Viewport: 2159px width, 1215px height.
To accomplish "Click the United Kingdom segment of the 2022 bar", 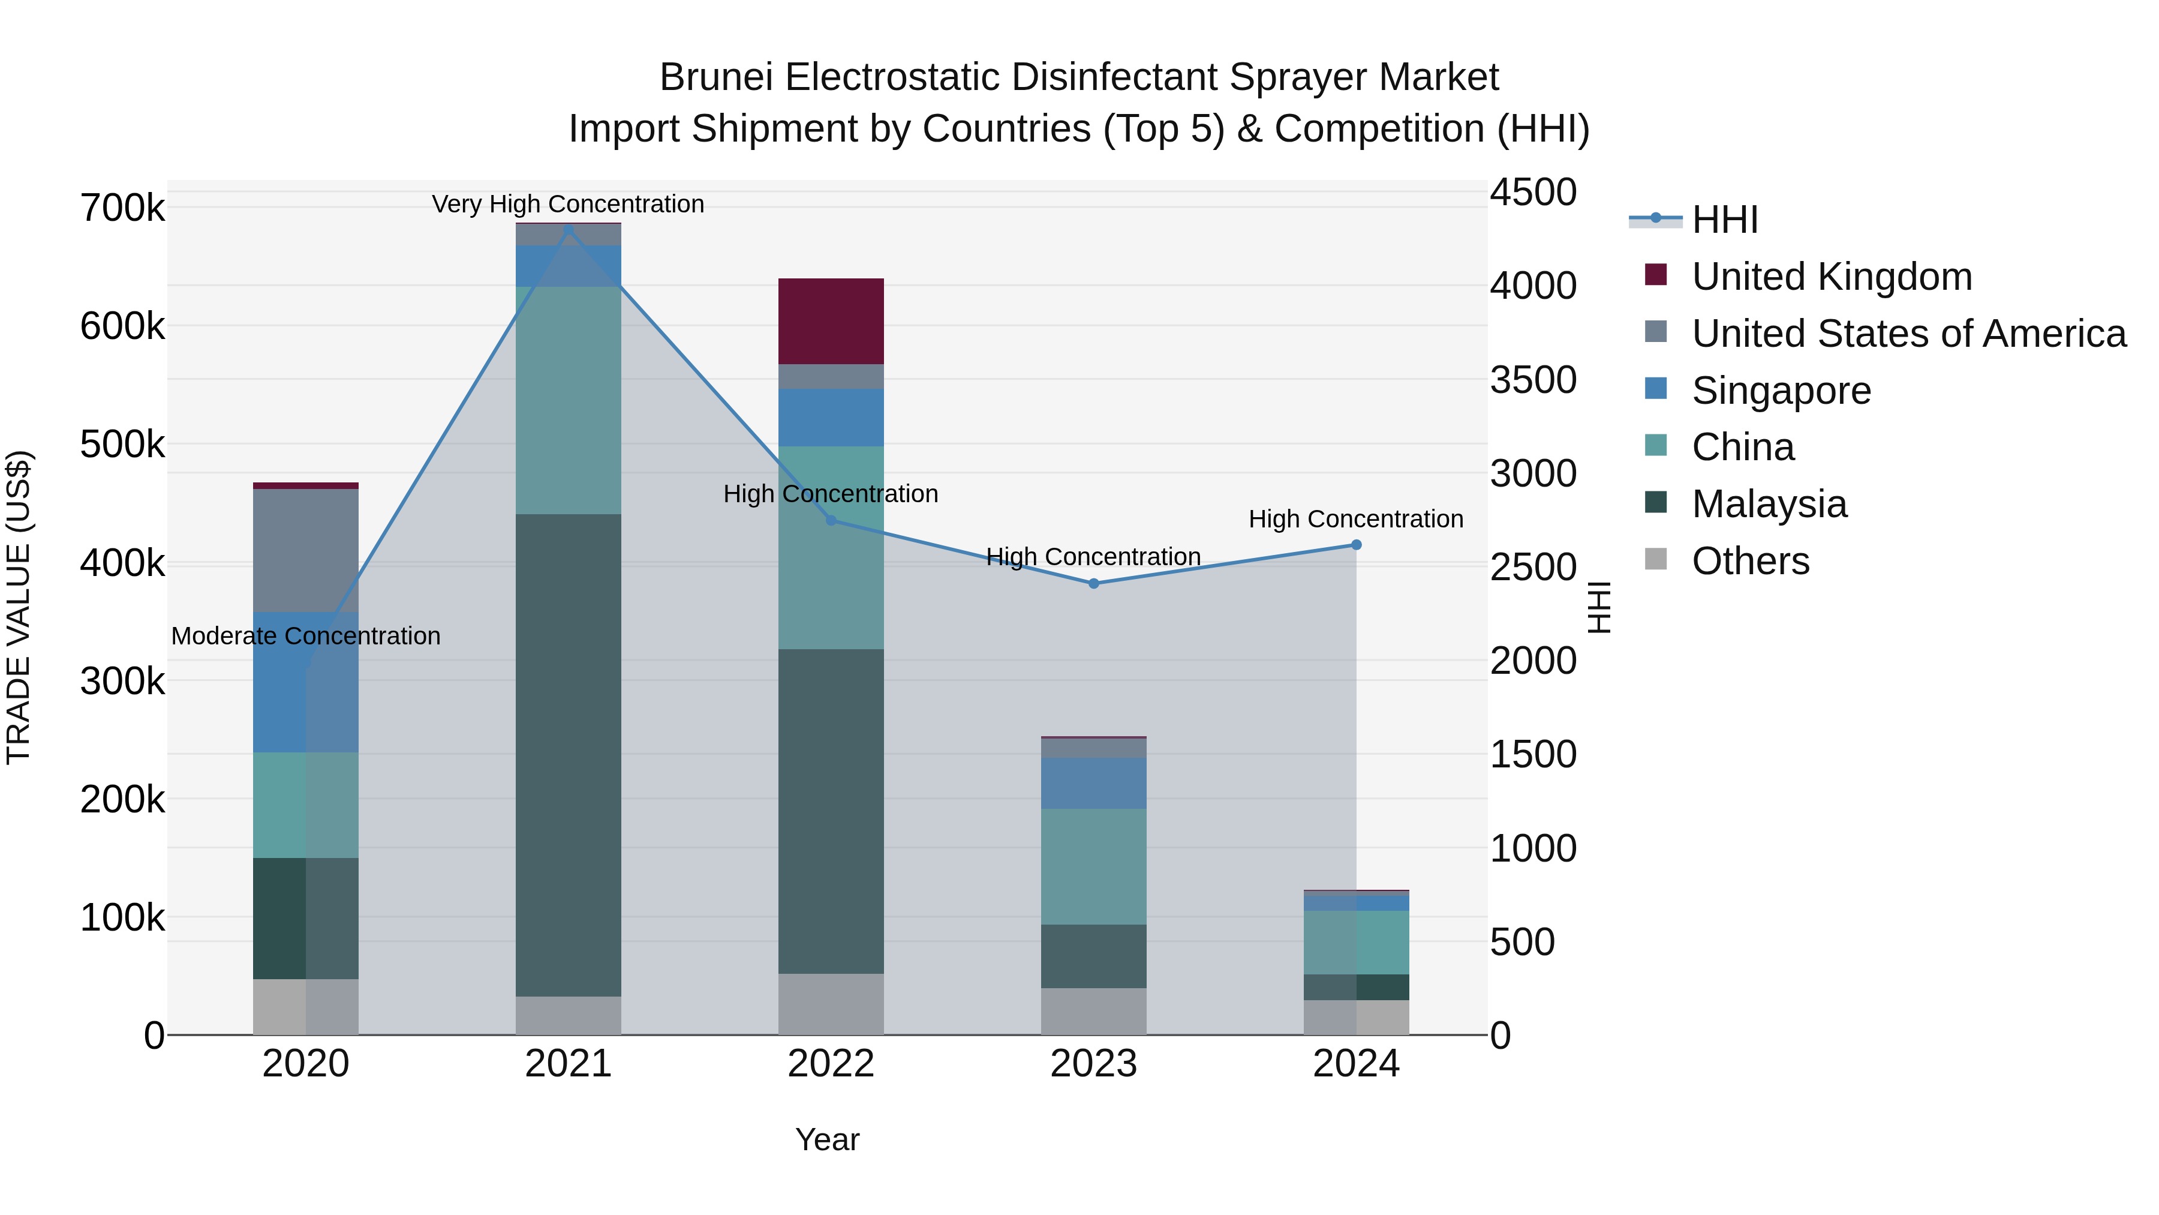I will (x=831, y=321).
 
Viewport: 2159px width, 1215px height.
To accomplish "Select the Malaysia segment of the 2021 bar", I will (x=569, y=755).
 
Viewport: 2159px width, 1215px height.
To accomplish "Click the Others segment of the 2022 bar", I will (x=831, y=1004).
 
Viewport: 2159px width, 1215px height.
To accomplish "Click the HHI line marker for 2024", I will (x=1356, y=545).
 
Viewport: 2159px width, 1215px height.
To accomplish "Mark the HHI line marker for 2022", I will (x=831, y=521).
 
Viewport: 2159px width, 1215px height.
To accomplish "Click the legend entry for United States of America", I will (x=1908, y=334).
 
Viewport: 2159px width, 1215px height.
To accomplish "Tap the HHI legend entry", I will (x=1724, y=220).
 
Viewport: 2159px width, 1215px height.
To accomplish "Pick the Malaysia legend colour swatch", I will (x=1655, y=502).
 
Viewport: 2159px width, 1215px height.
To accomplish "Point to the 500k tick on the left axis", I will (x=122, y=445).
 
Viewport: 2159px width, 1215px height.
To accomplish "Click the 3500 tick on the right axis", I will (x=1533, y=380).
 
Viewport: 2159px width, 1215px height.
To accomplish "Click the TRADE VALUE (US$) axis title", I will (x=19, y=607).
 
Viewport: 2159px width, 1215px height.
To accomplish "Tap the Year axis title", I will (x=826, y=1139).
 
